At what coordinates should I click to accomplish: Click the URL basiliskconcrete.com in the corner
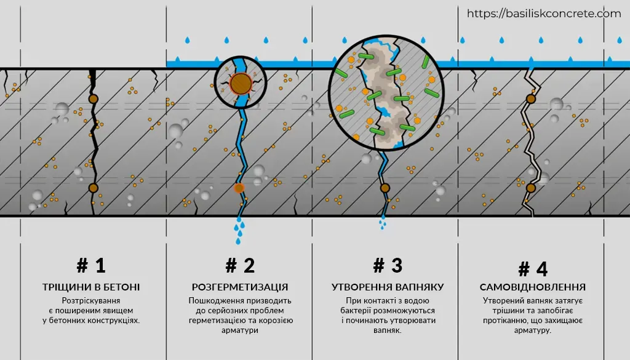pos(544,14)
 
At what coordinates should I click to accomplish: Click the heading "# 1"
pos(91,266)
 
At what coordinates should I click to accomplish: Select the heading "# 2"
pos(241,266)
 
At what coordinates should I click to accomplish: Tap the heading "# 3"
pos(388,266)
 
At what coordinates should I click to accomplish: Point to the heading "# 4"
pos(533,269)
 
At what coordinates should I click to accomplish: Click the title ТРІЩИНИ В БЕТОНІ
pos(91,287)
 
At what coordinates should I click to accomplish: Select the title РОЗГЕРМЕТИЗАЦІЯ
pos(240,287)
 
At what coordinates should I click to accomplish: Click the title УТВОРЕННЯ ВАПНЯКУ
pos(388,287)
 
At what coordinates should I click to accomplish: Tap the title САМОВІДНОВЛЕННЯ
pos(533,287)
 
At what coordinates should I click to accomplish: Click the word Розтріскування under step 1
pos(91,300)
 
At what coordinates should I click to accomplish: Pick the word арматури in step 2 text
pos(240,330)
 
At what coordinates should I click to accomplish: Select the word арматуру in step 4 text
pos(532,330)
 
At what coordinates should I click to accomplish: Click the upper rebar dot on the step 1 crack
pos(94,99)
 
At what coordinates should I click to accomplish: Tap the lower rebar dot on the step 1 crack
pos(94,188)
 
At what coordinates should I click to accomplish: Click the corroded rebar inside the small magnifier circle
pos(241,84)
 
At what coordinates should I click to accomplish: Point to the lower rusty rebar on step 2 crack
pos(239,188)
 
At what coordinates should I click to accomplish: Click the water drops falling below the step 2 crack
pos(239,231)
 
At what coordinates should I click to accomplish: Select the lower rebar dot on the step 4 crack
pos(531,188)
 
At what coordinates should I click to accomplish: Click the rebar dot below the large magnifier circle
pos(385,188)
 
